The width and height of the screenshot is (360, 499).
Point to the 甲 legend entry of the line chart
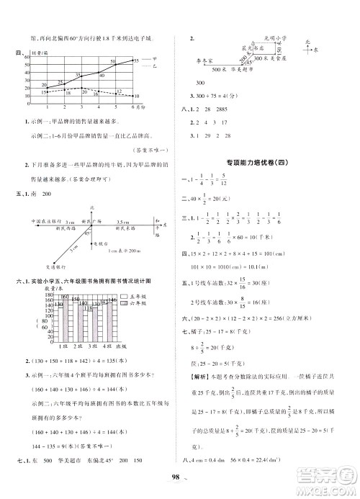(x=166, y=60)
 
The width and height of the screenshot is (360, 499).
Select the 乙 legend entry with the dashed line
(x=166, y=66)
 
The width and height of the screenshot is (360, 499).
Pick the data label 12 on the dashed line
(x=118, y=91)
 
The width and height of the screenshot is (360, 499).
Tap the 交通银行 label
(x=41, y=264)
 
